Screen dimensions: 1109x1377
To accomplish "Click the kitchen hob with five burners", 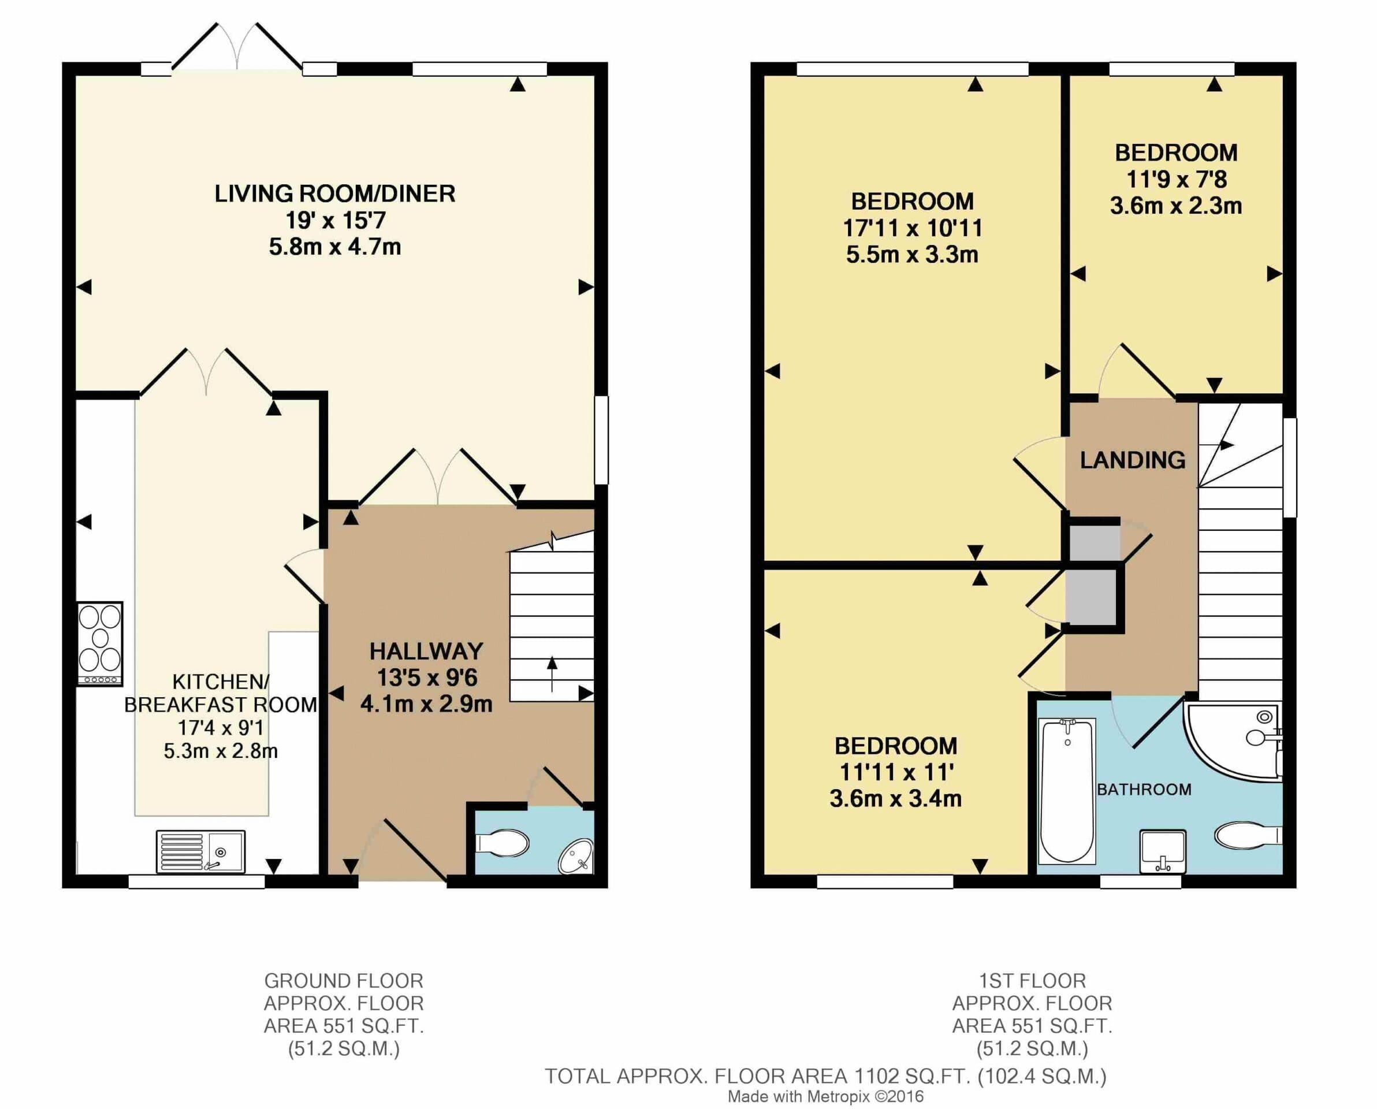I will pyautogui.click(x=99, y=643).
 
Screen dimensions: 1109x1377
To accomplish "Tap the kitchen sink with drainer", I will pyautogui.click(x=200, y=851).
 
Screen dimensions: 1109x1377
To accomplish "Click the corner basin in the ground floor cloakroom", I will pyautogui.click(x=576, y=856).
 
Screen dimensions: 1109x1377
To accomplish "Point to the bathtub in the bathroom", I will pyautogui.click(x=1067, y=790).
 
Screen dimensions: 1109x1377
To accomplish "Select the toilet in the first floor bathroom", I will pyautogui.click(x=1246, y=835).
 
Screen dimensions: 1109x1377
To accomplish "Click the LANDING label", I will pyautogui.click(x=1132, y=460).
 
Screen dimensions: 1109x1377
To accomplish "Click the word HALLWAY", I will pyautogui.click(x=426, y=651).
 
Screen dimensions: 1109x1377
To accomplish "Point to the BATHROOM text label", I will pyautogui.click(x=1144, y=790).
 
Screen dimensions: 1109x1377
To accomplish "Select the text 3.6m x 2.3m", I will pyautogui.click(x=1175, y=206).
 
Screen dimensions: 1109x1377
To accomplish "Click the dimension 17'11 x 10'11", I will pyautogui.click(x=912, y=228).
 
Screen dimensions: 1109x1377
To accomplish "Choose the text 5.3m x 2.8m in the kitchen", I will pyautogui.click(x=220, y=751).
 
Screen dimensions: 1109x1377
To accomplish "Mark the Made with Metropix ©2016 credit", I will pyautogui.click(x=826, y=1096).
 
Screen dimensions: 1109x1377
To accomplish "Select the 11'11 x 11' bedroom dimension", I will pyautogui.click(x=895, y=772).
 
